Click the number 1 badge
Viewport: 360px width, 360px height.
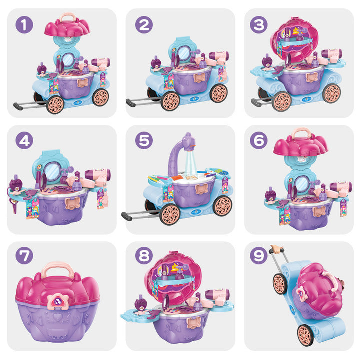24,25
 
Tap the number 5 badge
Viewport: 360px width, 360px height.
144,140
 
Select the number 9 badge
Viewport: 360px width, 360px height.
259,255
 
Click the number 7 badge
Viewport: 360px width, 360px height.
24,255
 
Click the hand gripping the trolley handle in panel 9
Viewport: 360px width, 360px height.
277,249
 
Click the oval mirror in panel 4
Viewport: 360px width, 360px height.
52,171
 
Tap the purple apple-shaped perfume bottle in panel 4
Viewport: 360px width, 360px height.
16,183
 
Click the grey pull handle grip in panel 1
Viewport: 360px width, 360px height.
18,106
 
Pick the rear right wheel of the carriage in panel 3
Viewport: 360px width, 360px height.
331,93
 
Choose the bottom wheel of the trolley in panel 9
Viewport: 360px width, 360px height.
306,335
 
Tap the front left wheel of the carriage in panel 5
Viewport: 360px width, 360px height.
170,214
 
